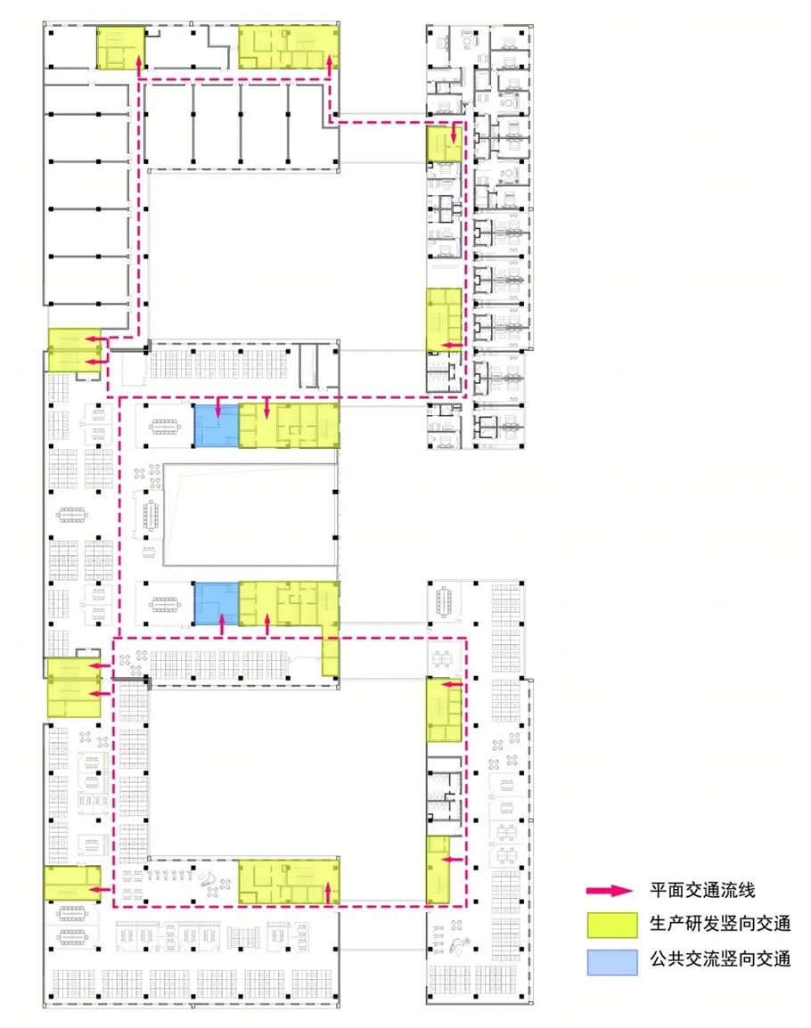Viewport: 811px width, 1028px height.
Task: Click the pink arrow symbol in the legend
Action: (610, 890)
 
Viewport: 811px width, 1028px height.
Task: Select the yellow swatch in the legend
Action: (612, 925)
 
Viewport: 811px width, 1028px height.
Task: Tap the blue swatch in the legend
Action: (612, 962)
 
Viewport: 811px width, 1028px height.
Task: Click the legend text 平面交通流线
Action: (702, 890)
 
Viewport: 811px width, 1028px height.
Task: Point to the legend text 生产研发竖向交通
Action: (720, 924)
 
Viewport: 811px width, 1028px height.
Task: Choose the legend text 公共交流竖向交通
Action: (720, 959)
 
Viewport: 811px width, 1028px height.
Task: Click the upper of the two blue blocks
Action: (217, 426)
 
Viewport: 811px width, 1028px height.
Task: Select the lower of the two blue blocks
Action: (217, 603)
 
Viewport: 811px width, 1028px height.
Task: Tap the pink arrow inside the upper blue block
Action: (218, 406)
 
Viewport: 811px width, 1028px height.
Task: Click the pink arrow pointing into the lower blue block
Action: (221, 624)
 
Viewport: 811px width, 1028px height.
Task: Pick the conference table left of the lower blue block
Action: (164, 605)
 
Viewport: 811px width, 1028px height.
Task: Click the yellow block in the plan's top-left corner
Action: (120, 48)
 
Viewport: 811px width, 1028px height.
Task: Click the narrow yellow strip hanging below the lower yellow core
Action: (331, 656)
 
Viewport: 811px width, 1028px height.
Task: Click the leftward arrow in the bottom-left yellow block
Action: (99, 890)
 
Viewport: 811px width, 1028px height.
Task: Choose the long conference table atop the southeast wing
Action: (444, 601)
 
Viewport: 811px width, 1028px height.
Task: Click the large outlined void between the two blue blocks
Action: (250, 515)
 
